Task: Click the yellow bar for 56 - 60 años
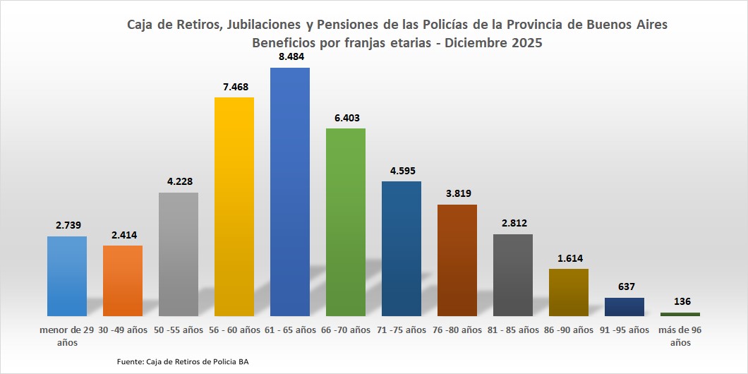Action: pos(234,206)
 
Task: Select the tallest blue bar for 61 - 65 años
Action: pos(289,191)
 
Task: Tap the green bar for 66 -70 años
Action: pos(345,222)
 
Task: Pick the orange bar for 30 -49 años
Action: pos(123,280)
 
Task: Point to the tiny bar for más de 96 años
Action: pos(680,314)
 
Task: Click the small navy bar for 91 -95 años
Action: pos(625,306)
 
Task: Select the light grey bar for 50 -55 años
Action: pos(179,254)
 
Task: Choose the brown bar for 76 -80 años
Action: pos(457,260)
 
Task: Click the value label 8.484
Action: pos(289,56)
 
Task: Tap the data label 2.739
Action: pos(67,225)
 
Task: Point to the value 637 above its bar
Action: pos(625,286)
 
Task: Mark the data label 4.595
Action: pos(401,170)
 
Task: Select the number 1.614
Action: pos(569,258)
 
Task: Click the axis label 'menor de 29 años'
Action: pos(67,335)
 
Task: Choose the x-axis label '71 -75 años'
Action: pos(401,330)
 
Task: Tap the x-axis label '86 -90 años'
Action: pos(569,330)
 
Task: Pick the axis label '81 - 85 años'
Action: pos(513,330)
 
